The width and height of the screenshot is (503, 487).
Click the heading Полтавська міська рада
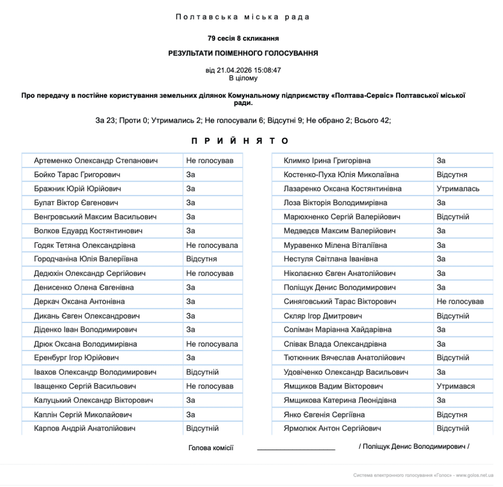click(243, 17)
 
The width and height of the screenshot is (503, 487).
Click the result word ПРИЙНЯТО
click(240, 141)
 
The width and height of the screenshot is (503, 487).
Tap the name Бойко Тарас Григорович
click(77, 175)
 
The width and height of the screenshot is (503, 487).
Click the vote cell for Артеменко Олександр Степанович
click(210, 161)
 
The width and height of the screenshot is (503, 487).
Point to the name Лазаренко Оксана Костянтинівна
click(342, 189)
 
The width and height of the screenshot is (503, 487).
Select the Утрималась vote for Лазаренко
click(458, 189)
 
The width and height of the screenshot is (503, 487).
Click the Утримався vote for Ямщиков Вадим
click(455, 386)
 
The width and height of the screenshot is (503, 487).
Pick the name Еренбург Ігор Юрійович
click(76, 358)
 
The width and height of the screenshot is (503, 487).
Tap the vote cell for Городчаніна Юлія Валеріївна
click(201, 259)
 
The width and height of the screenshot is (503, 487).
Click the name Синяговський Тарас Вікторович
click(339, 301)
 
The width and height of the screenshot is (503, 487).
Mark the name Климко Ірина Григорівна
click(327, 161)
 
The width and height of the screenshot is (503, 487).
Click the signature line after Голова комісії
click(296, 448)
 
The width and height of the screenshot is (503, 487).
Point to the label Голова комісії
click(211, 448)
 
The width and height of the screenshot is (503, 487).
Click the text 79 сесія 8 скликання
click(243, 38)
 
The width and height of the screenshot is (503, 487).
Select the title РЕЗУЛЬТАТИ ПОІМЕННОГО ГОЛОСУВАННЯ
click(243, 54)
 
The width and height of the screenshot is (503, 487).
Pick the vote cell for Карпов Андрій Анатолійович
click(202, 429)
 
